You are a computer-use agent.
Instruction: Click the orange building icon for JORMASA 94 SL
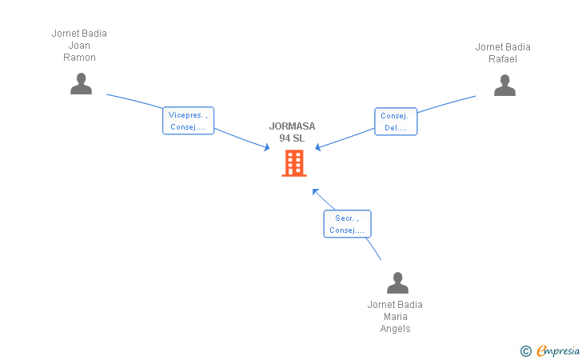[x=294, y=162]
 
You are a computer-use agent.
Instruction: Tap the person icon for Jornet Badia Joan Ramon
[x=81, y=83]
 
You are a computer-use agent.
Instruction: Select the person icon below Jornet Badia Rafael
[x=504, y=85]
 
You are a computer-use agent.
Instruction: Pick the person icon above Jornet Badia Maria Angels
[x=397, y=282]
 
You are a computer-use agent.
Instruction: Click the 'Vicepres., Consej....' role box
[x=188, y=121]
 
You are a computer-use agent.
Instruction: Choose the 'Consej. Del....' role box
[x=396, y=122]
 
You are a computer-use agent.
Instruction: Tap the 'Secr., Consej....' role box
[x=347, y=224]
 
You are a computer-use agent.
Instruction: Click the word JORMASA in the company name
[x=292, y=126]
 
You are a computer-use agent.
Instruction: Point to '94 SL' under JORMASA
[x=292, y=138]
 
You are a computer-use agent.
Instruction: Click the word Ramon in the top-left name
[x=79, y=58]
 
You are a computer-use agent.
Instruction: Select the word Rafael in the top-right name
[x=503, y=59]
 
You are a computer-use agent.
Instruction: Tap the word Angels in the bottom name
[x=395, y=329]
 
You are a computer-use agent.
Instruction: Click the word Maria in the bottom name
[x=395, y=317]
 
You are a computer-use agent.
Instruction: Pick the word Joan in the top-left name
[x=79, y=46]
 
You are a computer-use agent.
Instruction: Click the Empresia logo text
[x=558, y=350]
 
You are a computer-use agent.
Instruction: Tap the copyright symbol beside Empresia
[x=526, y=351]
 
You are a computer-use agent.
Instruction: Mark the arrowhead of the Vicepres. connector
[x=267, y=147]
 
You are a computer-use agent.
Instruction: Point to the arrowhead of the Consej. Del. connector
[x=317, y=147]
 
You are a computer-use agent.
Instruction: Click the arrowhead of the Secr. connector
[x=315, y=192]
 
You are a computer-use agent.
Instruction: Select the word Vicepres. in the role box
[x=185, y=115]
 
